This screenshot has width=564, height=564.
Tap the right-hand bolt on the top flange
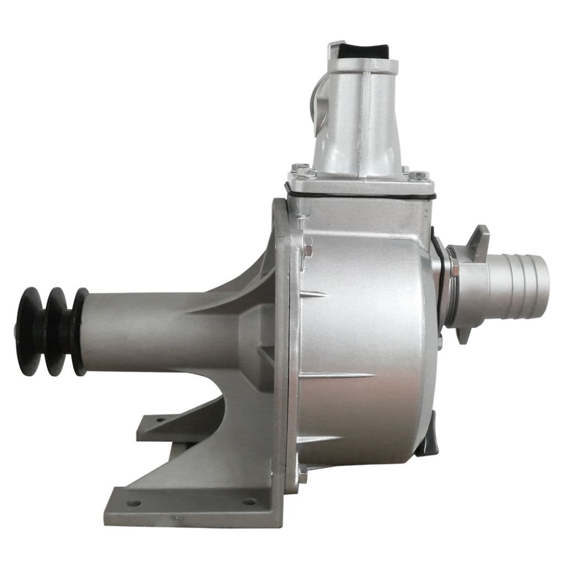click(x=418, y=176)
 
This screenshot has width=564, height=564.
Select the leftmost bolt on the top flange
click(x=301, y=167)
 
